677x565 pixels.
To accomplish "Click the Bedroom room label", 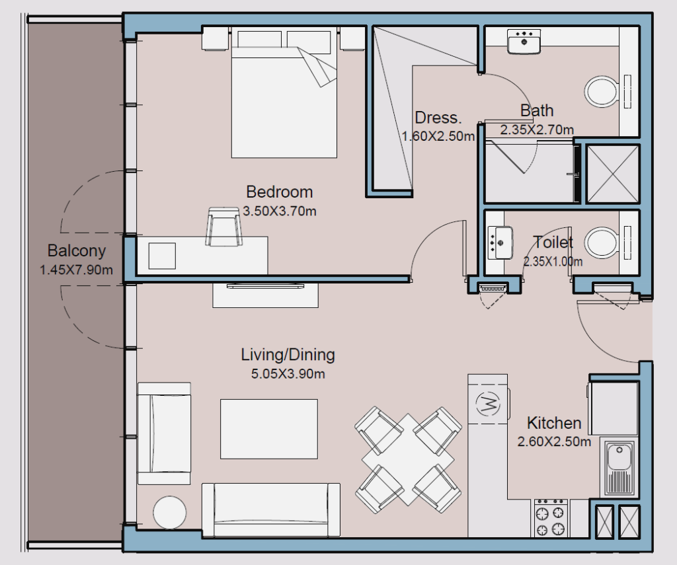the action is [x=280, y=192].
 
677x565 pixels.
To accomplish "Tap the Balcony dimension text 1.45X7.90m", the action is [x=77, y=270].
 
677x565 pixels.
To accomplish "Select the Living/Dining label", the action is [x=288, y=355].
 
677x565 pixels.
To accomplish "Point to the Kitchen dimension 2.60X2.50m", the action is [x=554, y=442].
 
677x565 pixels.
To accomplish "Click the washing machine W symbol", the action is [x=487, y=404].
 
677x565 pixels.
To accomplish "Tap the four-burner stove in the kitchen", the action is [x=551, y=518].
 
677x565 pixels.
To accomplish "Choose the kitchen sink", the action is [x=619, y=468].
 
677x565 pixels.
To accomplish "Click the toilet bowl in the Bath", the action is [x=600, y=92].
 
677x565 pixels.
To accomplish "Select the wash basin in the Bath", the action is [x=524, y=42].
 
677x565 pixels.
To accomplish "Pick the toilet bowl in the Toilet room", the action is [x=600, y=243].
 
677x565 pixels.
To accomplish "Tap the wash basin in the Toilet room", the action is [x=500, y=243].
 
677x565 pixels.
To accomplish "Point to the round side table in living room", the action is [x=170, y=513].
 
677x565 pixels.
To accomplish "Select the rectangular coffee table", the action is [x=269, y=429].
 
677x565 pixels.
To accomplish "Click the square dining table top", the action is [x=408, y=460].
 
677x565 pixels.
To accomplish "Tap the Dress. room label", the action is [x=438, y=118].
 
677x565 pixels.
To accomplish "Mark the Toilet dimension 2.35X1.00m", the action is [x=553, y=262].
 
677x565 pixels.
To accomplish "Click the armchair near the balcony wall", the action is [x=164, y=433].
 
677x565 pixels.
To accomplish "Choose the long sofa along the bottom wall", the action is [x=270, y=510].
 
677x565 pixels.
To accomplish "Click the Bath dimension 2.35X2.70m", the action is [x=537, y=130].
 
